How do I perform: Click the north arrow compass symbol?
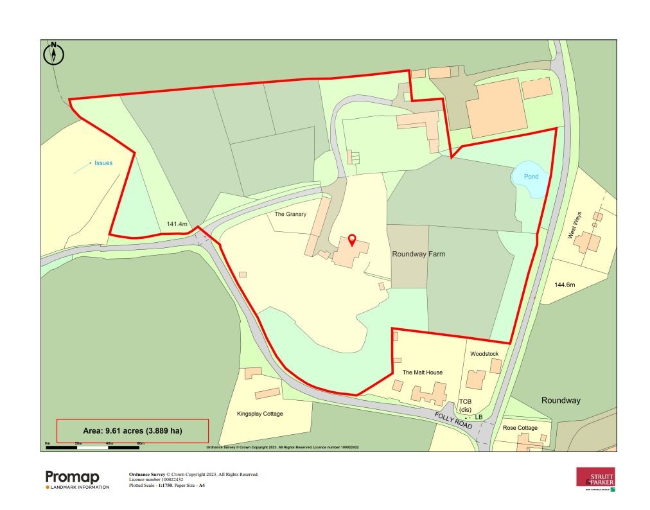coord(54,54)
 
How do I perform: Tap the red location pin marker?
coord(351,240)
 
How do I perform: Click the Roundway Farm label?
coord(418,254)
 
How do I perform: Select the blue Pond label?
coord(530,176)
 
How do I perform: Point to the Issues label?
coord(103,163)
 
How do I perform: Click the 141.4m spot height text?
coord(177,224)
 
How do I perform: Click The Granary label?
coord(290,215)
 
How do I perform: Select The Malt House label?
coord(422,373)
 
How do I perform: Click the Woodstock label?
coord(484,354)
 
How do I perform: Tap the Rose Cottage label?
coord(520,428)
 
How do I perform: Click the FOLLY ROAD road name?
coord(453,421)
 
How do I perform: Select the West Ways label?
coord(574,225)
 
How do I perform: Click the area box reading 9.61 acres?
coord(133,430)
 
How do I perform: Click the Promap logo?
coord(73,479)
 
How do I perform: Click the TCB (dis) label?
coord(466,405)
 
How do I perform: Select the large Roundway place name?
coord(561,400)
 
